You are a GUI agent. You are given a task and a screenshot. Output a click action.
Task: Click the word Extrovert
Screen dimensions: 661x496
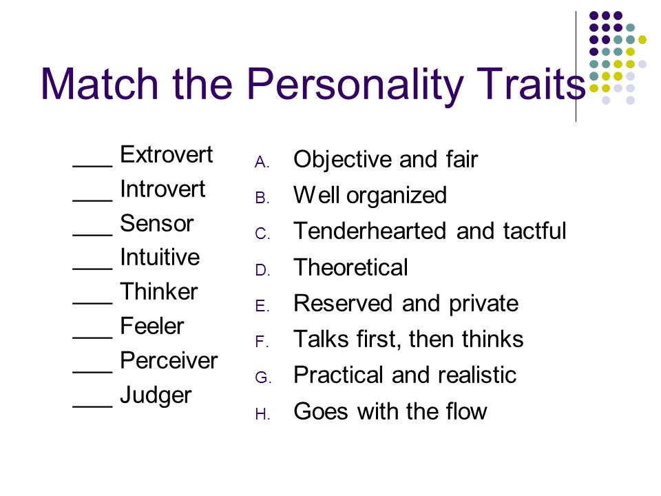(x=166, y=154)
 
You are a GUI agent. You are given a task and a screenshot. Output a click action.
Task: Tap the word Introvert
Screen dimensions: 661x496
(x=162, y=189)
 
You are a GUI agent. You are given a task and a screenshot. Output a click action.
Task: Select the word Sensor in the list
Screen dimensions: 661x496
(x=156, y=223)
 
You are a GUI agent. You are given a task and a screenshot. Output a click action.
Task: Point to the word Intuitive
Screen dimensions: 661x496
(x=160, y=257)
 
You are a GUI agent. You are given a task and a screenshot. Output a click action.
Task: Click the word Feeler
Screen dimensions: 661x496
(x=151, y=326)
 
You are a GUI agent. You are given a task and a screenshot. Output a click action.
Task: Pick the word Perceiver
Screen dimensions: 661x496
(x=169, y=360)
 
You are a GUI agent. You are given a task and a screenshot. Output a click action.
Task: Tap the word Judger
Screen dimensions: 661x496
(x=156, y=395)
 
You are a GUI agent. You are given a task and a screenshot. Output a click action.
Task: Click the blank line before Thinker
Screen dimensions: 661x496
(x=92, y=302)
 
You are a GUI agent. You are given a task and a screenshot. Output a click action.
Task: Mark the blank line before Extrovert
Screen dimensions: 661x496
(x=92, y=165)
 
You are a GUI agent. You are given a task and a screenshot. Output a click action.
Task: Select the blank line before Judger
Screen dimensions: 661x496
(x=92, y=406)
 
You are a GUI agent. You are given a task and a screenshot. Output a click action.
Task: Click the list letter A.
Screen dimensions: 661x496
(x=262, y=162)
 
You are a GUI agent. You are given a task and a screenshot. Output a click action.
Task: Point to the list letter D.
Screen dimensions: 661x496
(x=262, y=270)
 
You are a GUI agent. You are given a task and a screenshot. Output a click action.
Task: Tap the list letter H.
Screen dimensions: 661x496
(x=262, y=414)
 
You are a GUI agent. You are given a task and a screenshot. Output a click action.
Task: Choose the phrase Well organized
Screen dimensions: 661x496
(x=370, y=196)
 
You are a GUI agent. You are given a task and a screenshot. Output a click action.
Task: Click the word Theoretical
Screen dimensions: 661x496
(x=350, y=267)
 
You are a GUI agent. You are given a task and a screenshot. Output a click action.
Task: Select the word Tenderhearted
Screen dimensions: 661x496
(x=370, y=231)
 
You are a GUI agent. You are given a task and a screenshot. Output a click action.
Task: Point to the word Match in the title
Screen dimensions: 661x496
(x=99, y=83)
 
